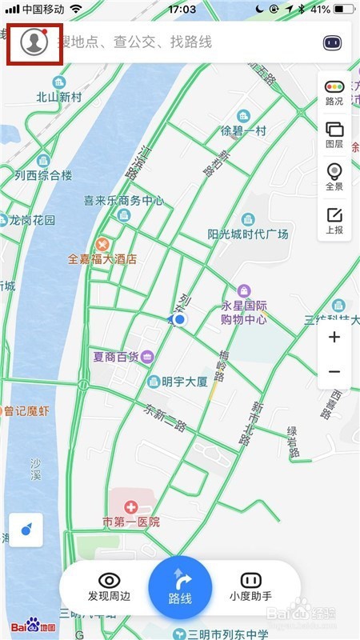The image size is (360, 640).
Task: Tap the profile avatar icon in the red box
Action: tap(34, 42)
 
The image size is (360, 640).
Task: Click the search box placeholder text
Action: tap(134, 42)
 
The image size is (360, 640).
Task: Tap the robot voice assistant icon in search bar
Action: tap(332, 42)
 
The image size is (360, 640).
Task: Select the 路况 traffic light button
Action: tap(334, 92)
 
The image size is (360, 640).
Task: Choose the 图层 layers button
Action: tap(334, 134)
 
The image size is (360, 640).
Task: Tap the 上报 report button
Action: tap(334, 219)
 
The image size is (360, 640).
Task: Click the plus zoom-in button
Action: tap(334, 337)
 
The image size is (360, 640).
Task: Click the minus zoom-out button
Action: tap(334, 372)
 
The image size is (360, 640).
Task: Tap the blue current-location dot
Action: tap(180, 320)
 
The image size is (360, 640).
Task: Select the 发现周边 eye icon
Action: tap(109, 581)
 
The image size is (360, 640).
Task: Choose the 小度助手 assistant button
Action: tap(251, 586)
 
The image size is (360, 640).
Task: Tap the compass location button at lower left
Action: tap(26, 530)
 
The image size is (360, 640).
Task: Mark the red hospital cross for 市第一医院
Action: tap(130, 507)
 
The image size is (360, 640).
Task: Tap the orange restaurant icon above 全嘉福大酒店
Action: tap(102, 243)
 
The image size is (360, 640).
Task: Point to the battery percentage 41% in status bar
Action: tap(320, 9)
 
